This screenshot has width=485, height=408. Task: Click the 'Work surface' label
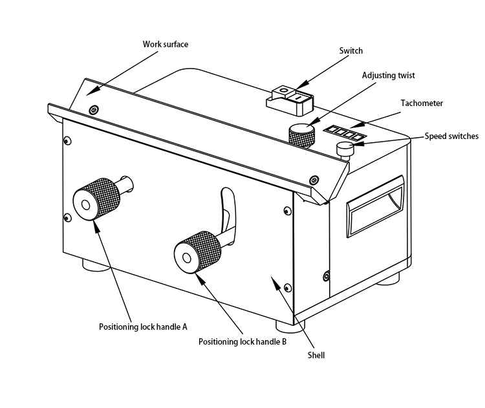166,44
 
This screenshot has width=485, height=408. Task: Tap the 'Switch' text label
350,50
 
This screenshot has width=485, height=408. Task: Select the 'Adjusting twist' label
388,76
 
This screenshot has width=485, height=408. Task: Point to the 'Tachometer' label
422,103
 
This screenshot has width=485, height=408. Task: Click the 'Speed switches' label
451,136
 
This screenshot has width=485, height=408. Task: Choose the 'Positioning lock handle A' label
143,327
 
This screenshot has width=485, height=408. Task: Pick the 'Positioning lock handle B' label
242,342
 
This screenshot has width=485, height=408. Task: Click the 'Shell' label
316,355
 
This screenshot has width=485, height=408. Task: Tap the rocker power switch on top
290,100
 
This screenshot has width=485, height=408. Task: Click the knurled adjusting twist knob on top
302,135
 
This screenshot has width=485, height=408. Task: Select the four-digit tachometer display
345,133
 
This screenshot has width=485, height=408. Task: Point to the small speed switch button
345,150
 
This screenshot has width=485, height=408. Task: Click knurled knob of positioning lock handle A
96,200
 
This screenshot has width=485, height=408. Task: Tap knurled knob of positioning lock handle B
197,252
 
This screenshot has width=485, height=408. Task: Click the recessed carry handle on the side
375,206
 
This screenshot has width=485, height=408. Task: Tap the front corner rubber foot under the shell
290,327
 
